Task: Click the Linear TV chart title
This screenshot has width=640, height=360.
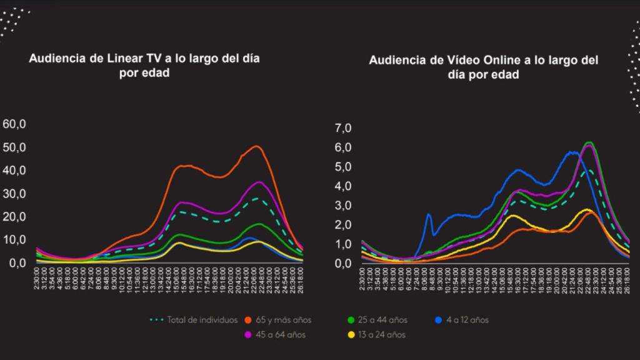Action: (144, 65)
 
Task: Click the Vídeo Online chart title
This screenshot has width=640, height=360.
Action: (483, 67)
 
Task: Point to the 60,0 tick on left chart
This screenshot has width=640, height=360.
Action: (14, 124)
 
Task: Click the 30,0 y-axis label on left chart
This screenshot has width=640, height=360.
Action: (14, 194)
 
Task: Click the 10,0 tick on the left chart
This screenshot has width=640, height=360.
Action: (14, 240)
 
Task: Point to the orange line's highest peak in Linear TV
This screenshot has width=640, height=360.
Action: (257, 146)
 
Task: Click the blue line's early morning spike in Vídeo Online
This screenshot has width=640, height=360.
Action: (429, 215)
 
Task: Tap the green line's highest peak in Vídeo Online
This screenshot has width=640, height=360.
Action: (588, 142)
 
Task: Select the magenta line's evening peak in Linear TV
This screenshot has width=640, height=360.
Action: (259, 182)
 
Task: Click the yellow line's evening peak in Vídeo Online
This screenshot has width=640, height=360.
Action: (587, 210)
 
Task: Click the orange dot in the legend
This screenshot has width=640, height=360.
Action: (247, 320)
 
